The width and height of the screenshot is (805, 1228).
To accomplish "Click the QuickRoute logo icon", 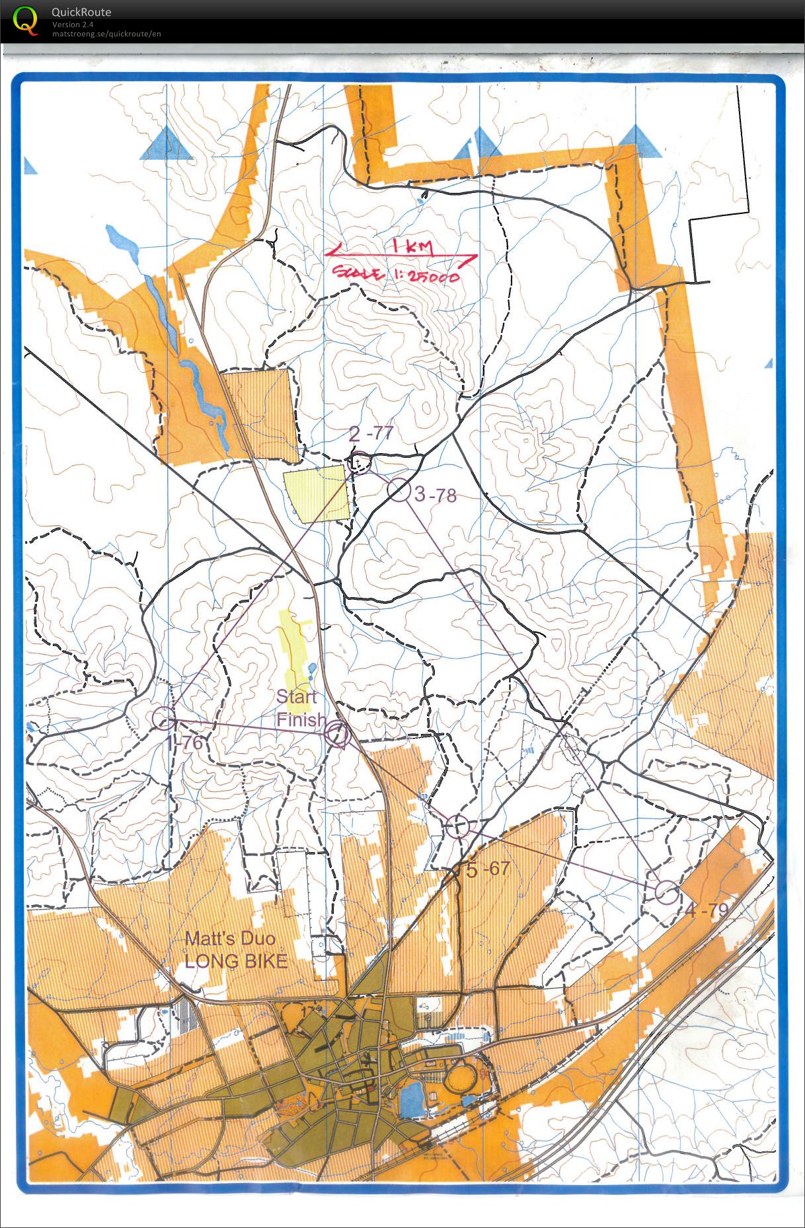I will (25, 20).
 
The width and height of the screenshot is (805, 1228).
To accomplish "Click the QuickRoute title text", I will (81, 12).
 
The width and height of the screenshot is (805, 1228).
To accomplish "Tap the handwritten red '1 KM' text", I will (412, 248).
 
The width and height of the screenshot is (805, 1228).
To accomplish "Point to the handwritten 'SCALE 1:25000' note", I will (395, 275).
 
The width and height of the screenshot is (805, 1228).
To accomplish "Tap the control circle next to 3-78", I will (399, 490).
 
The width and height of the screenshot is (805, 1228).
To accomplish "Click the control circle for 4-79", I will (667, 892).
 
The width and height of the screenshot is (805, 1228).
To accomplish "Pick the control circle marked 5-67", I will (457, 826).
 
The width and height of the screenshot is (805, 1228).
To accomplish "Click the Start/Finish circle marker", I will (337, 733).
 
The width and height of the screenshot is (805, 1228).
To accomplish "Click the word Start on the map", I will (296, 696).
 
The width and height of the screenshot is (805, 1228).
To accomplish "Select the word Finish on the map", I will (301, 719).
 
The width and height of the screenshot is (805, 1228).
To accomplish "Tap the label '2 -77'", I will (371, 434).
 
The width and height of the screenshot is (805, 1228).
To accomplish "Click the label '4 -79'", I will (707, 911).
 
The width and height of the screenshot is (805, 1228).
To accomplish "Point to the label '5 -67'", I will (488, 869).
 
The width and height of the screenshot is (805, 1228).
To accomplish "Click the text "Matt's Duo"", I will (230, 938).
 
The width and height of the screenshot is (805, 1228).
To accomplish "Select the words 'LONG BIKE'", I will (236, 961).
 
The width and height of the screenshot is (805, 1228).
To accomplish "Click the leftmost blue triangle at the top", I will (166, 144).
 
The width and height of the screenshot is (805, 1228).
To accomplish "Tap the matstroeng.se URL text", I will (106, 34).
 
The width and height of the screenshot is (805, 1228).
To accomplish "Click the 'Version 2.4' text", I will (73, 24).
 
